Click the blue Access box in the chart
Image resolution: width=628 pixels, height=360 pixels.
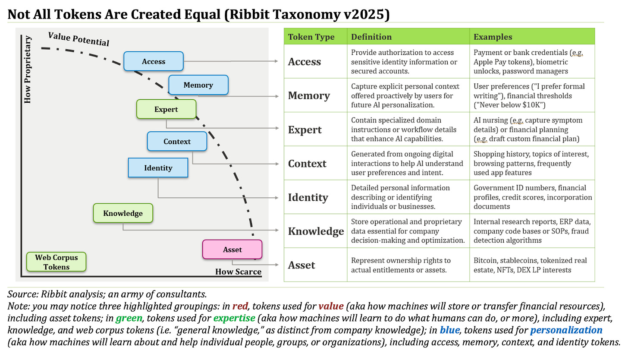click(154, 61)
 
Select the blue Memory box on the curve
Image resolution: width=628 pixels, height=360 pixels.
click(198, 85)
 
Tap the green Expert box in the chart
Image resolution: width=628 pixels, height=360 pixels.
click(166, 109)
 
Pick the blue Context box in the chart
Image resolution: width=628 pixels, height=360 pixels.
click(177, 141)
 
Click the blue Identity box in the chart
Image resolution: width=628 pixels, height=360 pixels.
click(158, 168)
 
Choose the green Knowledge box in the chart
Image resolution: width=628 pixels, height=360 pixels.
click(123, 213)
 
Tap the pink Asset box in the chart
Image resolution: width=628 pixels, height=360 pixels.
click(232, 249)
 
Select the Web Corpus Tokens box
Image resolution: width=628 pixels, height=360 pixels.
click(57, 262)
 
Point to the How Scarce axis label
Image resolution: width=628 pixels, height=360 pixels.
click(238, 272)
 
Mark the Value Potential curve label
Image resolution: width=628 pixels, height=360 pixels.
click(78, 39)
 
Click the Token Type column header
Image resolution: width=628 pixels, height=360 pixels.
click(311, 37)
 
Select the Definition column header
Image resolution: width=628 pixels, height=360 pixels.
click(371, 37)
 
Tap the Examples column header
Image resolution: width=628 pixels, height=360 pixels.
click(493, 37)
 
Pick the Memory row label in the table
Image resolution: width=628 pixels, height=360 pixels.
click(309, 95)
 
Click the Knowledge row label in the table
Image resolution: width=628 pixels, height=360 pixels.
click(316, 231)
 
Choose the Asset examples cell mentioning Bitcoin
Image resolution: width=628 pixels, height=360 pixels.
click(530, 265)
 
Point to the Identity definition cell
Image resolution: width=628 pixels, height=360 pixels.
click(408, 197)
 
